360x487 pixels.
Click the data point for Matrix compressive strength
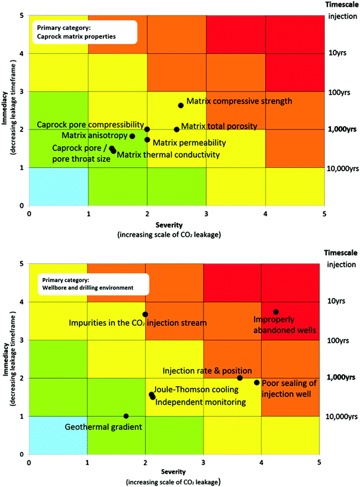coord(181,105)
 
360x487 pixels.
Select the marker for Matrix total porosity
coord(176,130)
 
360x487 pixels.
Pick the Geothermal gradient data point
coord(126,416)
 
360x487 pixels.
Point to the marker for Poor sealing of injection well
coord(257,382)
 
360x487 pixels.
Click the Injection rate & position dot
coord(240,378)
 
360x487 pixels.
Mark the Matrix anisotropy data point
coord(133,137)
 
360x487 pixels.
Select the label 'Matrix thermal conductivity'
coord(168,155)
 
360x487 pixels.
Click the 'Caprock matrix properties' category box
coord(83,33)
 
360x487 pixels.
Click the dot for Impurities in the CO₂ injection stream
coord(145,314)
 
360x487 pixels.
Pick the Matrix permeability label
coord(190,143)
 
